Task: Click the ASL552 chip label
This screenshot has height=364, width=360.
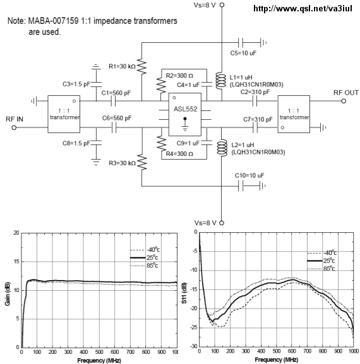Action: click(x=186, y=109)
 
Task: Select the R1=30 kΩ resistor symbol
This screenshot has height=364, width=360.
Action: click(x=141, y=67)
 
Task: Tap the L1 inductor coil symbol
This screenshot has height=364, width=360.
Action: click(x=221, y=81)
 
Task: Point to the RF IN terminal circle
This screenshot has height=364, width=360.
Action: click(x=14, y=127)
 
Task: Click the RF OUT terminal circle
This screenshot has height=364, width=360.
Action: click(x=344, y=101)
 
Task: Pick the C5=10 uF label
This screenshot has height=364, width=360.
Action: click(x=243, y=53)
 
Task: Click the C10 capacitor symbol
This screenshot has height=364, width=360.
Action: click(x=241, y=185)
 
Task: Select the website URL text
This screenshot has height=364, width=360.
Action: click(x=303, y=9)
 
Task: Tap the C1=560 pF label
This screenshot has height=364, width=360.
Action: click(x=116, y=93)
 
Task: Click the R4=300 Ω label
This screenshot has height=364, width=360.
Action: click(x=179, y=154)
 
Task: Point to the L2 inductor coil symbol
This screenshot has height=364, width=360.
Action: click(x=222, y=148)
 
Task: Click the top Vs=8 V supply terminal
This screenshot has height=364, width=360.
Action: click(x=222, y=4)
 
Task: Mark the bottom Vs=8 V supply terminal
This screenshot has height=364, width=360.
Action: click(x=222, y=223)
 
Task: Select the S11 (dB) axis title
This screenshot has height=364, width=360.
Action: click(x=184, y=293)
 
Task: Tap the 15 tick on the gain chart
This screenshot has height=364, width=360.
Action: click(x=16, y=262)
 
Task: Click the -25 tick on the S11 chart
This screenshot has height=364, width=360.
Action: click(x=193, y=328)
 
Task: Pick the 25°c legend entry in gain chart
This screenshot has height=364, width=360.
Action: click(x=144, y=257)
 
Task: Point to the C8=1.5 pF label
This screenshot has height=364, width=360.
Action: click(x=76, y=143)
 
